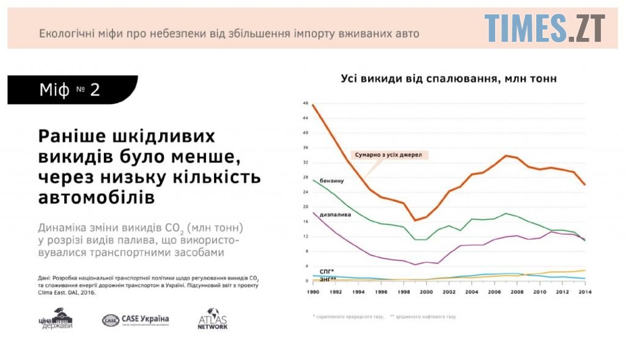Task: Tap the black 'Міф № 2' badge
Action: (72, 90)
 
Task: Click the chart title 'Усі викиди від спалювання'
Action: (449, 79)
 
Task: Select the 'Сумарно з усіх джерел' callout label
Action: (389, 155)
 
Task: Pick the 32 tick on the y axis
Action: (305, 163)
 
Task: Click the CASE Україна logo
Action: (135, 320)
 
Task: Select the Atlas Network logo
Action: (213, 318)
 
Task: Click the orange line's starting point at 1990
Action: (312, 105)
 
